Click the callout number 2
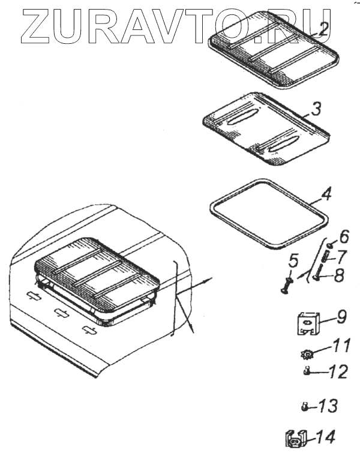[x=323, y=29]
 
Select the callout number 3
[x=316, y=109]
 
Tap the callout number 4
[x=326, y=195]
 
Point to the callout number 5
[x=293, y=262]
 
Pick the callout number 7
[x=342, y=257]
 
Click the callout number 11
[x=341, y=347]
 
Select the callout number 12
[x=338, y=372]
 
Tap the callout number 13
[x=328, y=406]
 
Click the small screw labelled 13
[x=304, y=407]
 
